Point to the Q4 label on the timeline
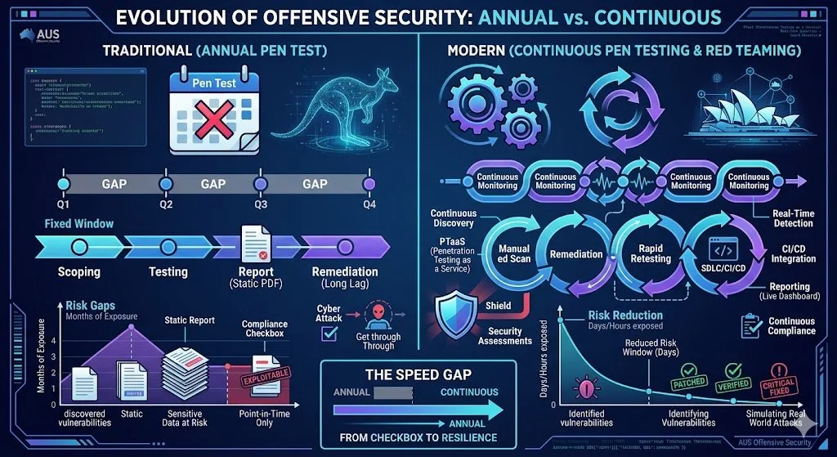point(369,204)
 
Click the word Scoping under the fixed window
point(79,271)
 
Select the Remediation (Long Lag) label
point(344,277)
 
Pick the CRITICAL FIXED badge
point(778,382)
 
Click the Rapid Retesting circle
point(651,253)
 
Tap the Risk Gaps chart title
point(91,305)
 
